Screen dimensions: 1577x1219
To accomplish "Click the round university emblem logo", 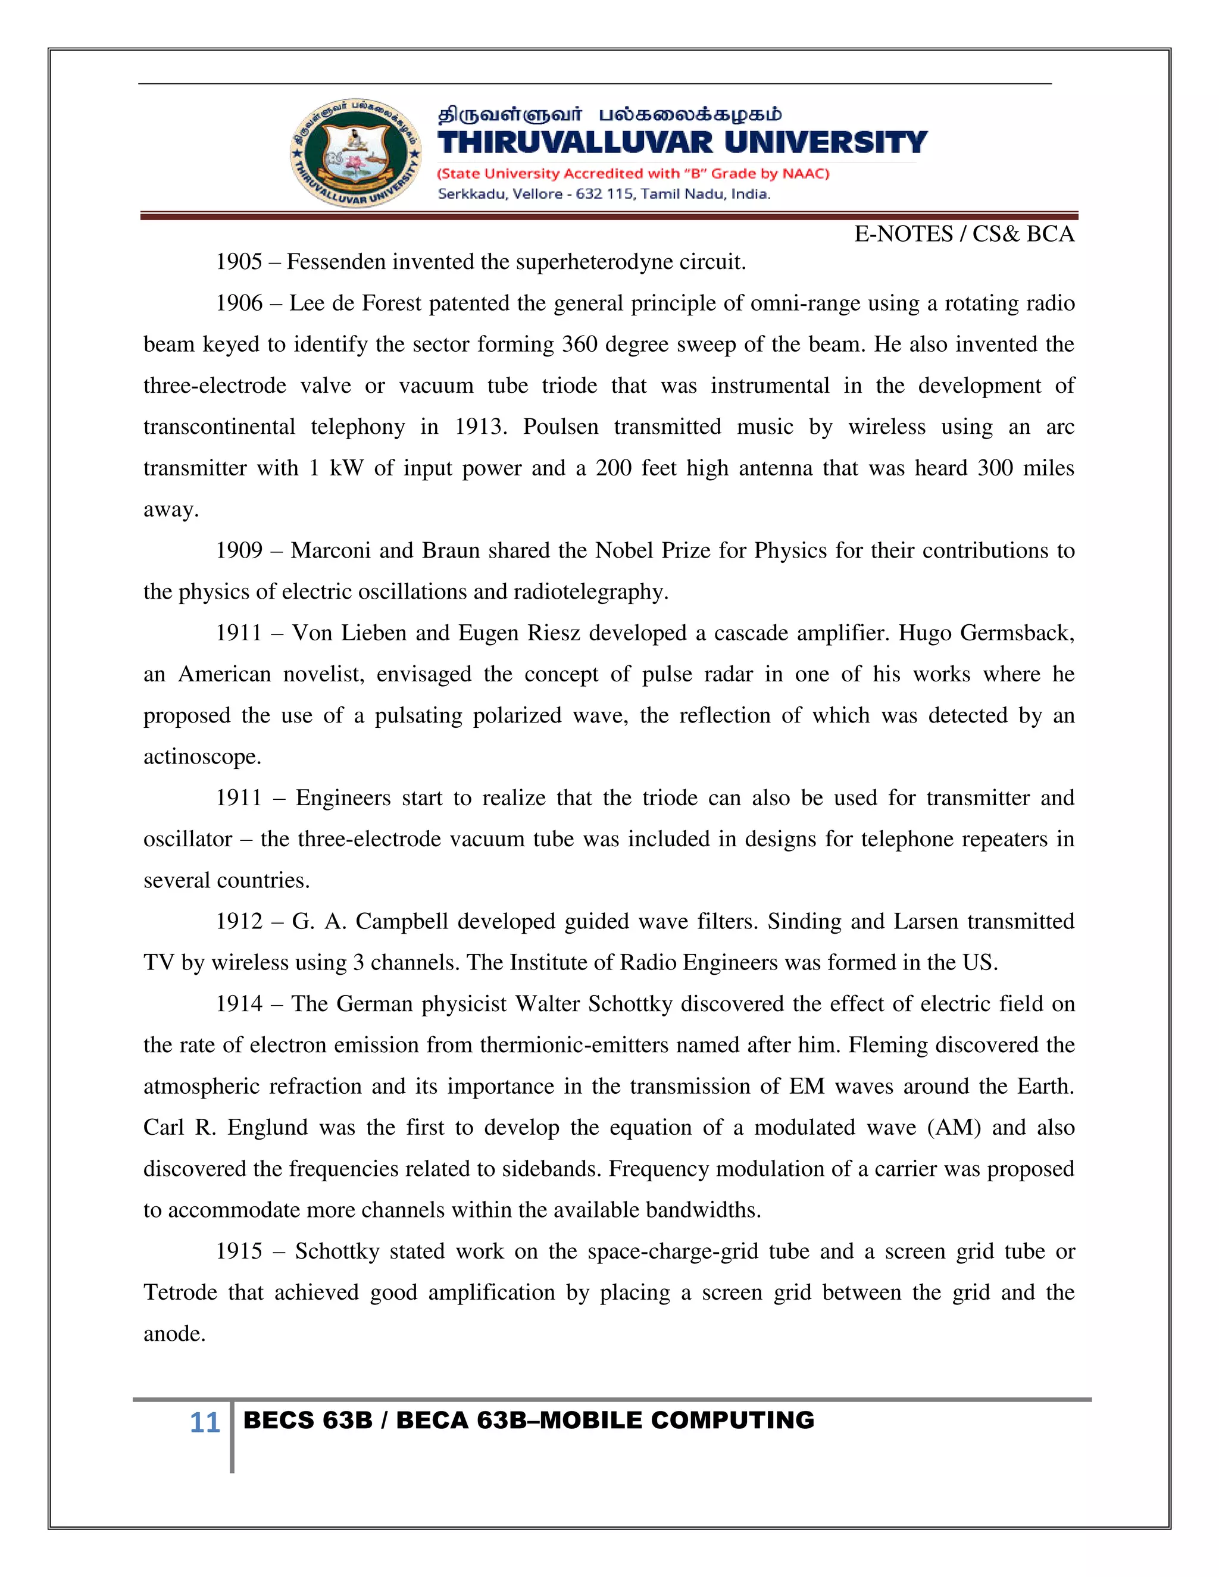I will pyautogui.click(x=356, y=152).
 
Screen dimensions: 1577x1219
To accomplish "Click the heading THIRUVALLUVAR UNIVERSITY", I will pyautogui.click(x=682, y=142).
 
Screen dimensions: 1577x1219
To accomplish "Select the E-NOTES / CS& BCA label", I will pyautogui.click(x=964, y=234).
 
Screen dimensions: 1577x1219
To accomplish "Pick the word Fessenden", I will pyautogui.click(x=336, y=261).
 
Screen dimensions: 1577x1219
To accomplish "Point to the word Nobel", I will pyautogui.click(x=624, y=550).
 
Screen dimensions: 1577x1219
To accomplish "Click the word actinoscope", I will pyautogui.click(x=202, y=757).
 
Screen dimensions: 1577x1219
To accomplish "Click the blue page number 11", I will pyautogui.click(x=204, y=1422).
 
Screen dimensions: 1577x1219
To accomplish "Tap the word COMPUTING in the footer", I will pyautogui.click(x=732, y=1420).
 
